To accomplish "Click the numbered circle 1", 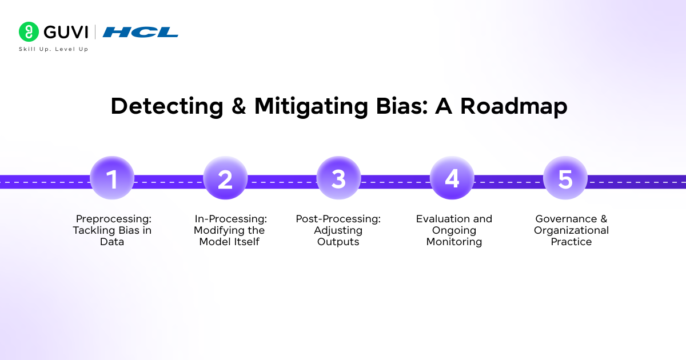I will tap(112, 178).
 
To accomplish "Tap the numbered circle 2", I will tap(225, 178).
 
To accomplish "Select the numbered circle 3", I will tap(338, 178).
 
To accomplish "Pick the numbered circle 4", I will tap(452, 178).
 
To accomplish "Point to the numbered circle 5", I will tap(565, 178).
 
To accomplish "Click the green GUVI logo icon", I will tap(28, 31).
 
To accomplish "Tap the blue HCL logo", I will tap(141, 32).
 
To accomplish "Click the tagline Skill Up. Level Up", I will tap(54, 49).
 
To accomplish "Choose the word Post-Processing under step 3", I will tap(338, 219).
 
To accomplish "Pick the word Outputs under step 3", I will tap(338, 242).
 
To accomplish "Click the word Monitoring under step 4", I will tap(454, 242).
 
